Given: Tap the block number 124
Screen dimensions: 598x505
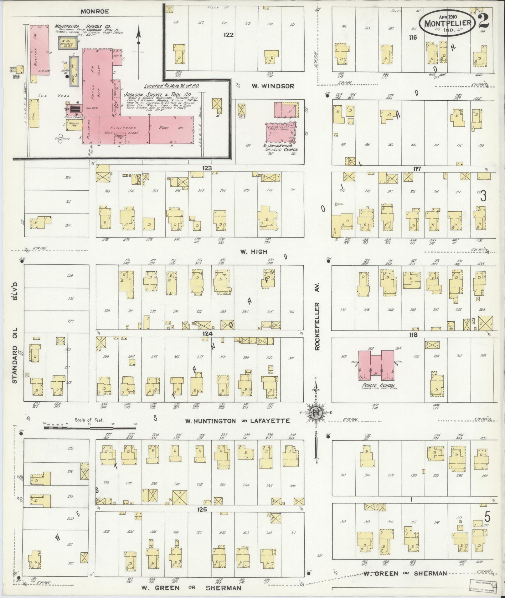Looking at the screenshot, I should [207, 334].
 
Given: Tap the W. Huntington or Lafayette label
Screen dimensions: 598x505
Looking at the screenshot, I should [237, 421].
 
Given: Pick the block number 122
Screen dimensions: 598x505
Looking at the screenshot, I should [229, 35].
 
